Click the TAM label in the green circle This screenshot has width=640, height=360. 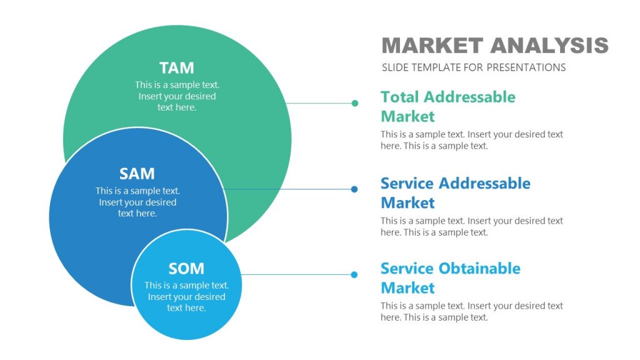click(x=177, y=67)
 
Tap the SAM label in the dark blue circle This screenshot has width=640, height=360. click(x=137, y=174)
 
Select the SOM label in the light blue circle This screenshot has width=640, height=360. click(x=186, y=269)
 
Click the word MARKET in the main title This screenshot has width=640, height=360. click(x=432, y=46)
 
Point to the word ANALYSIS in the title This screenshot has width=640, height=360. click(x=549, y=46)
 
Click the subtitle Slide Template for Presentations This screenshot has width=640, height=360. click(x=473, y=67)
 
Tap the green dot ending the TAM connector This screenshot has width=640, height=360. click(x=355, y=103)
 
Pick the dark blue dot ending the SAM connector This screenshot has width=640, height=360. click(x=354, y=189)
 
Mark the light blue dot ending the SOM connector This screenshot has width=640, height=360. click(x=354, y=274)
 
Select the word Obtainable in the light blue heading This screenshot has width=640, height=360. click(x=479, y=269)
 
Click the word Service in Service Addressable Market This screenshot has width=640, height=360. click(x=407, y=183)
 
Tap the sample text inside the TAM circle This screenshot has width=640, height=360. click(x=177, y=96)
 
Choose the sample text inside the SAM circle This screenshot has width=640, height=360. click(x=137, y=202)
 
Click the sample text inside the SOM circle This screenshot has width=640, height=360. click(x=186, y=296)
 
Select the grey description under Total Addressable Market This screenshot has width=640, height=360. click(x=471, y=140)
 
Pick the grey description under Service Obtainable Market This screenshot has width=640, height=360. click(x=471, y=311)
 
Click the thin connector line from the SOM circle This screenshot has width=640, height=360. click(x=297, y=274)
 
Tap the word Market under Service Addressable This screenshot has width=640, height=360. click(x=407, y=202)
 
